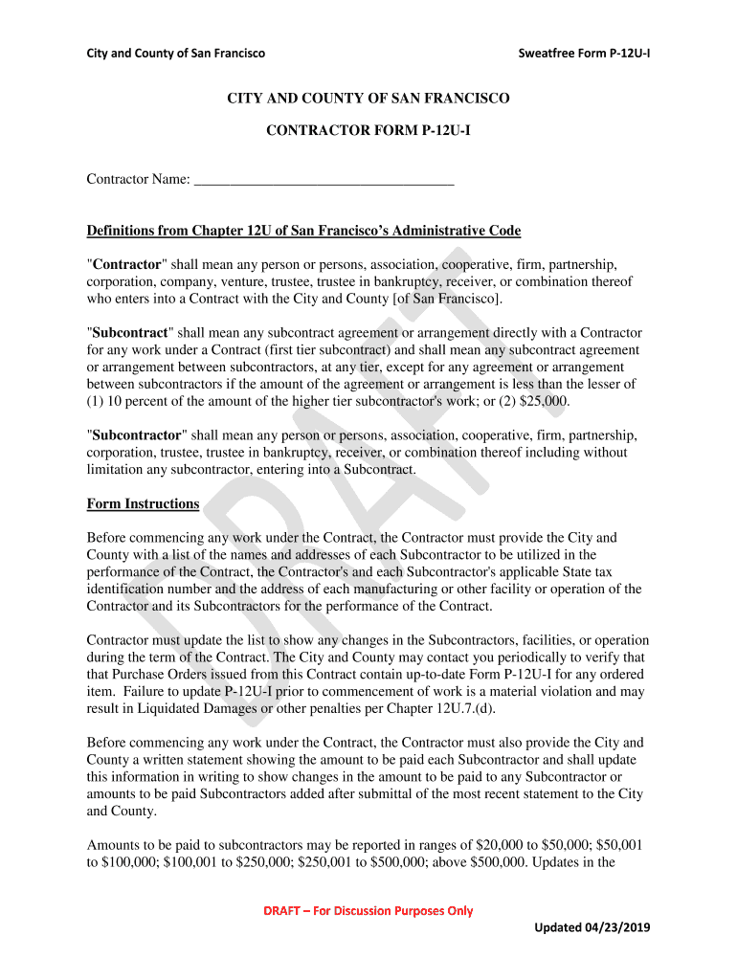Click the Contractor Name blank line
point(324,179)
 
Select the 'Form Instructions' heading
point(143,503)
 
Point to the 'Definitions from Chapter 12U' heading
point(303,231)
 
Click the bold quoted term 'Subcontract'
point(129,332)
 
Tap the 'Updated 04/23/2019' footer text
point(591,926)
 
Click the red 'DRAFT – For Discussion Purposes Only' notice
point(368,910)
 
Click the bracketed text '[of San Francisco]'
point(446,299)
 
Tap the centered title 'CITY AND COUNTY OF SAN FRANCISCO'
point(368,99)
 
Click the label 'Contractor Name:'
point(138,179)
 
